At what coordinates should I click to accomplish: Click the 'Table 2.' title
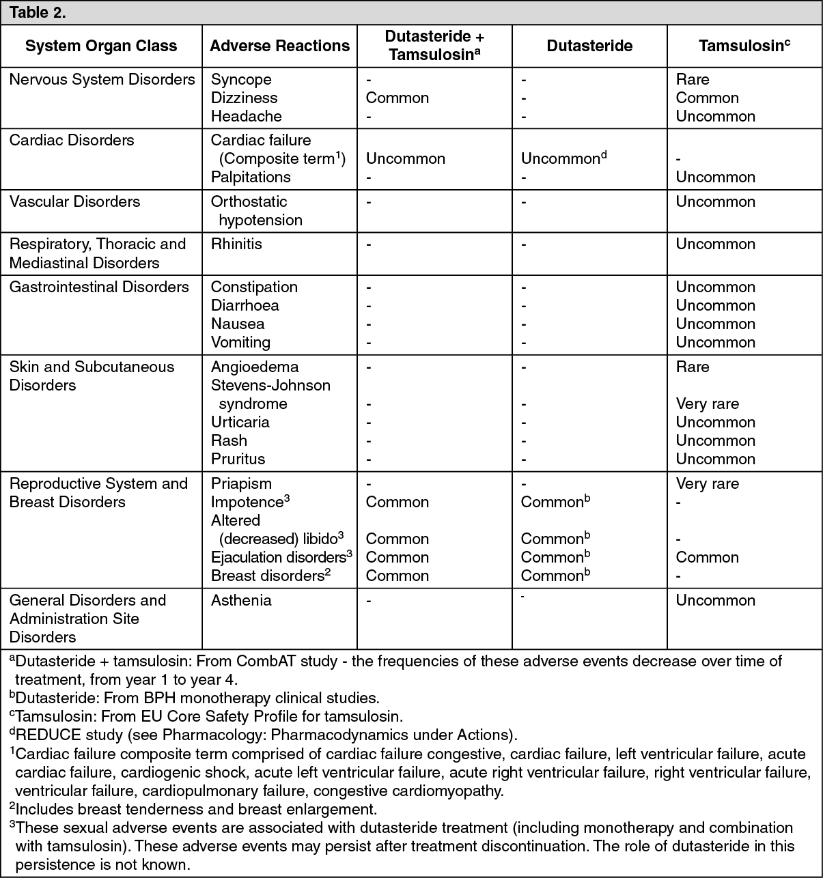pyautogui.click(x=38, y=12)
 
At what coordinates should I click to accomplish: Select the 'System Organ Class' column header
pyautogui.click(x=101, y=46)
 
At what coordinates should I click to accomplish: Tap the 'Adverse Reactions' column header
pyautogui.click(x=280, y=46)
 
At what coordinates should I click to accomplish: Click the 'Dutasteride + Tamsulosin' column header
pyautogui.click(x=434, y=46)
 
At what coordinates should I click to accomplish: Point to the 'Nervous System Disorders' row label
pyautogui.click(x=102, y=79)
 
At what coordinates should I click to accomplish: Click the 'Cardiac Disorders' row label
pyautogui.click(x=72, y=140)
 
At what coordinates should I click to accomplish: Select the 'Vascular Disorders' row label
pyautogui.click(x=75, y=201)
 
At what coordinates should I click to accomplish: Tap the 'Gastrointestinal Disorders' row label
pyautogui.click(x=99, y=287)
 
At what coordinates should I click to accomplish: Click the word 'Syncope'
pyautogui.click(x=241, y=79)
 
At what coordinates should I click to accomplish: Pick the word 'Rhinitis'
pyautogui.click(x=236, y=244)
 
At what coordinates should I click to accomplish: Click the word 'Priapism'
pyautogui.click(x=241, y=483)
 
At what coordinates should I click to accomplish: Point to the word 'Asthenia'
pyautogui.click(x=241, y=600)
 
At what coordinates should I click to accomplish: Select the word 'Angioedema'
pyautogui.click(x=255, y=367)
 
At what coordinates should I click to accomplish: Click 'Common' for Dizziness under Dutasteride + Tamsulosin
pyautogui.click(x=397, y=98)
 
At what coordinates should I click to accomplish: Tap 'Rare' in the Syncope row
pyautogui.click(x=693, y=79)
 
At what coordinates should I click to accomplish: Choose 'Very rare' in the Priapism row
pyautogui.click(x=708, y=483)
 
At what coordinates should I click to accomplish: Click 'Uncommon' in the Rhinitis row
pyautogui.click(x=716, y=244)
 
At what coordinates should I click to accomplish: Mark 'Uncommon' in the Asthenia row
pyautogui.click(x=716, y=600)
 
